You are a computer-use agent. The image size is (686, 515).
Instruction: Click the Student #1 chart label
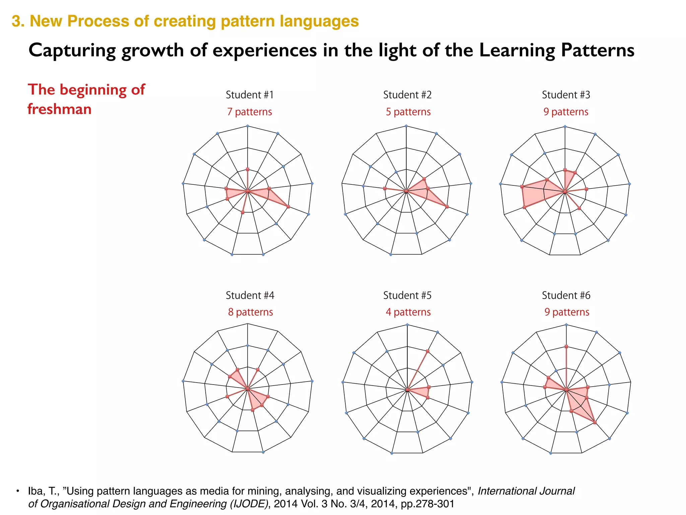(x=250, y=95)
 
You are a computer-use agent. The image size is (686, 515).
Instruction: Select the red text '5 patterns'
(x=408, y=112)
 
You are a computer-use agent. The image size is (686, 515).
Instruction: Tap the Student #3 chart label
(x=566, y=95)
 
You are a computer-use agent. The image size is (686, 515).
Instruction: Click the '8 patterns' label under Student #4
(x=250, y=312)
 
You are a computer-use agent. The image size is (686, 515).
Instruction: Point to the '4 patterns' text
(x=408, y=312)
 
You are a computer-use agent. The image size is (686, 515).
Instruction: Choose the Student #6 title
(x=566, y=295)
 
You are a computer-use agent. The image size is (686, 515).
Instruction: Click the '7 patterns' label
(x=250, y=112)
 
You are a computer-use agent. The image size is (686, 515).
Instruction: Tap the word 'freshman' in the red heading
(x=59, y=109)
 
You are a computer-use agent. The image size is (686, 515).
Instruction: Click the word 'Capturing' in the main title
(x=72, y=51)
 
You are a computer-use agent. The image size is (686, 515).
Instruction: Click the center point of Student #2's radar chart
(x=406, y=191)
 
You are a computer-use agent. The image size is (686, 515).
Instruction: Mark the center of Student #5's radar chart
(x=407, y=390)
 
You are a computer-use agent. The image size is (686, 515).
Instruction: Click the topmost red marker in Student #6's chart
(x=566, y=346)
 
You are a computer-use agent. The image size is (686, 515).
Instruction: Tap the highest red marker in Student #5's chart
(x=428, y=351)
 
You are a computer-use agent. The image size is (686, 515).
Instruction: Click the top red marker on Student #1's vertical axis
(x=248, y=169)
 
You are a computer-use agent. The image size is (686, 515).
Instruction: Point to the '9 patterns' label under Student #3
(x=566, y=112)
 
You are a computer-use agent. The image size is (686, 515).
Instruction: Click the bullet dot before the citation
(x=18, y=491)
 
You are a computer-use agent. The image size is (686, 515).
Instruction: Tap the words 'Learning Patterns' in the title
(x=556, y=51)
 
